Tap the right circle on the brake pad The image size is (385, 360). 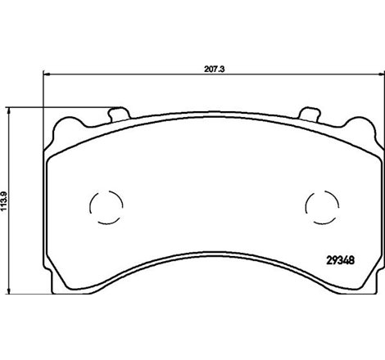(x=319, y=205)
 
